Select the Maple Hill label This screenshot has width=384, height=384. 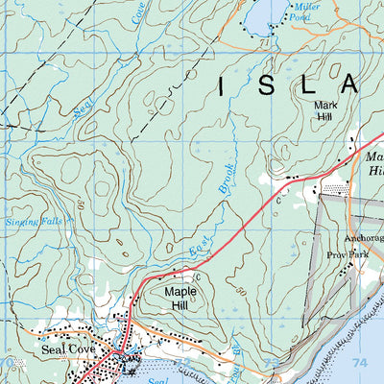[x=180, y=298]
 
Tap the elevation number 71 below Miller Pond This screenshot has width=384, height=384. [x=262, y=45]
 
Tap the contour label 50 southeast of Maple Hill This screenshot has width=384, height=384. [x=233, y=317]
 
